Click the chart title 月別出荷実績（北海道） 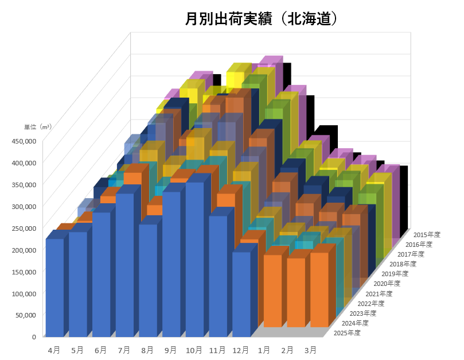pyautogui.click(x=260, y=19)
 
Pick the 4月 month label pyautogui.click(x=54, y=349)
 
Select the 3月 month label pyautogui.click(x=310, y=349)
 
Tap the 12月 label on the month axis pyautogui.click(x=241, y=349)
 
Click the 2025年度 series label pyautogui.click(x=346, y=333)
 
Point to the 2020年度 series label pyautogui.click(x=386, y=284)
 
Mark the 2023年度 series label pyautogui.click(x=362, y=313)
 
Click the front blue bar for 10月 pyautogui.click(x=194, y=258)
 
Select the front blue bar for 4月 pyautogui.click(x=54, y=287)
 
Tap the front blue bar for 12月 pyautogui.click(x=241, y=293)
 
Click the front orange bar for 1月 pyautogui.click(x=272, y=290)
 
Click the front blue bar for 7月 pyautogui.click(x=124, y=264)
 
